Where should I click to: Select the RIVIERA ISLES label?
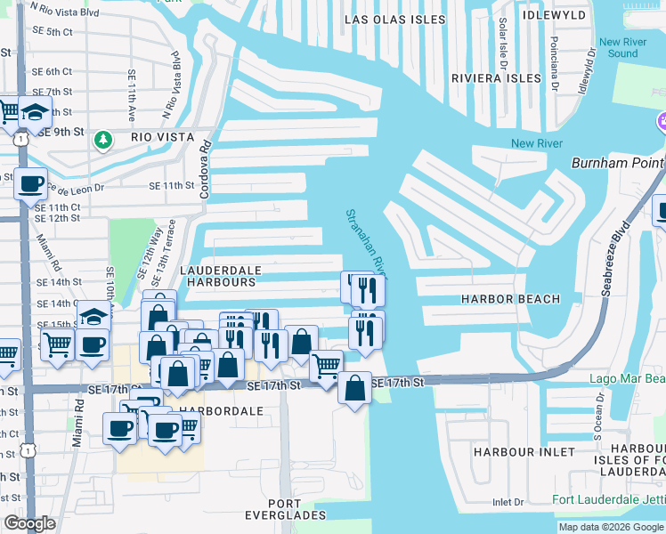point(497,78)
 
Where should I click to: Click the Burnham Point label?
point(617,164)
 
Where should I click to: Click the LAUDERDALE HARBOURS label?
point(221,275)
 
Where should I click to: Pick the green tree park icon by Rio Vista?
point(104,138)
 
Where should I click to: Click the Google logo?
point(30,523)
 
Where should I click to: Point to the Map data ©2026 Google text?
point(610,527)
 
